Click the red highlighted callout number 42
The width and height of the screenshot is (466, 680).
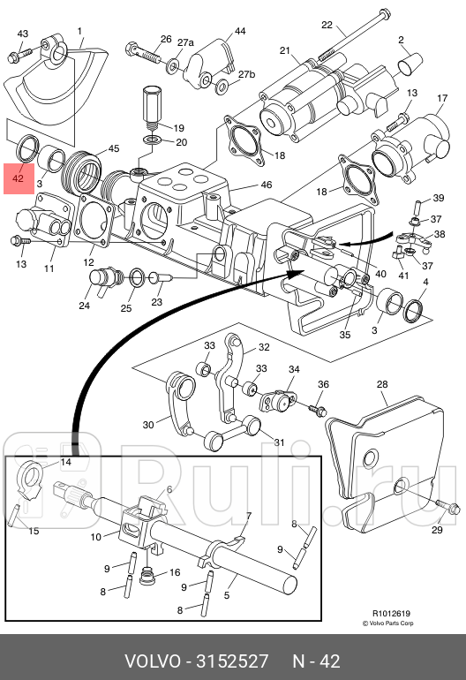tap(18, 178)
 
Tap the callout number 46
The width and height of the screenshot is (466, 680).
tap(267, 185)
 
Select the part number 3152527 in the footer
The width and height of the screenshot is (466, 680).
tap(233, 661)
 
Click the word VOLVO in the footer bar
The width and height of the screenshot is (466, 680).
tap(153, 661)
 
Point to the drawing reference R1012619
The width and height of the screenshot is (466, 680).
tap(392, 614)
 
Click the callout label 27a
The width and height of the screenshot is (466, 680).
tap(185, 42)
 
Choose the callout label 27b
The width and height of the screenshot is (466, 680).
tap(246, 74)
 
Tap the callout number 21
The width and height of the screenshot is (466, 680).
tap(284, 50)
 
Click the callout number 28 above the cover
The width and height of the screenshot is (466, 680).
tap(382, 384)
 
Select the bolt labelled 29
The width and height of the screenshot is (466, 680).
tap(447, 506)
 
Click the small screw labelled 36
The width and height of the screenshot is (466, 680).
tap(318, 409)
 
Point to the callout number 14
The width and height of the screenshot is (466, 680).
tap(65, 462)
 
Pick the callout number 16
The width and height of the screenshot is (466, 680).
tap(175, 572)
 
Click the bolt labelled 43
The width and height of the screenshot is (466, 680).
tap(19, 55)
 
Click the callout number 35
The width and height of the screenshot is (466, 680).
tap(344, 335)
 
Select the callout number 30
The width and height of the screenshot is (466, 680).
tap(148, 425)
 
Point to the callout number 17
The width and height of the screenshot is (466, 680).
tap(441, 98)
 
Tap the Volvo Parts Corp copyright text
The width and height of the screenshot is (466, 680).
tap(388, 623)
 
